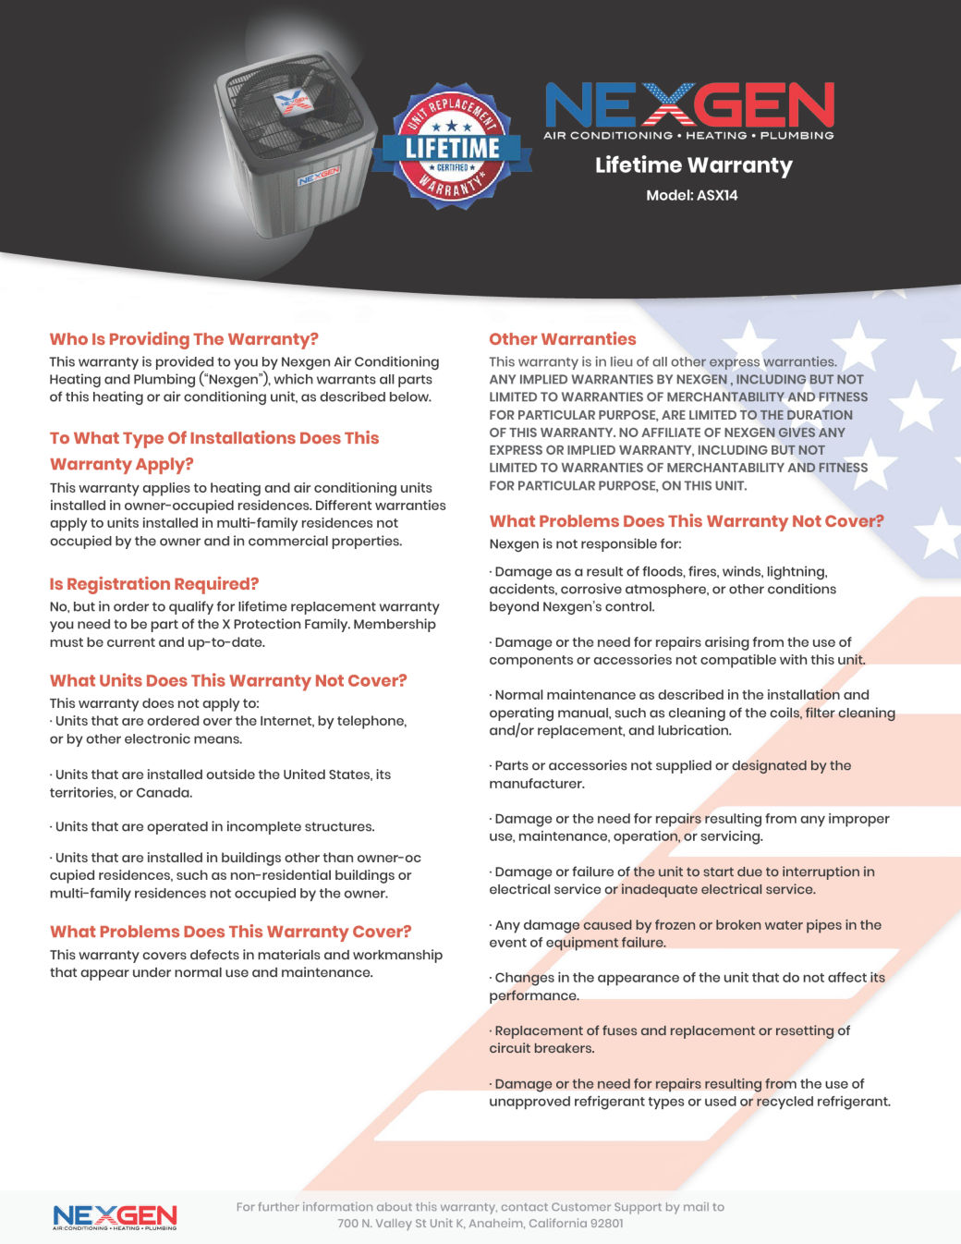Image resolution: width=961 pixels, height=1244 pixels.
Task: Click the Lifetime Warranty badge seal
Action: click(x=452, y=147)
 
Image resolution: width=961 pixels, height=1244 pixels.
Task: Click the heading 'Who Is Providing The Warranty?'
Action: click(x=184, y=339)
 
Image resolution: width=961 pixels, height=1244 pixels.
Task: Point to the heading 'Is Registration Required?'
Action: click(x=154, y=584)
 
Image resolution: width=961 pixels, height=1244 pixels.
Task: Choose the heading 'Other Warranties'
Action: click(x=563, y=339)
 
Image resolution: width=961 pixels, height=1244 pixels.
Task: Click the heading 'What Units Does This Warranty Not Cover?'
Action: click(x=228, y=680)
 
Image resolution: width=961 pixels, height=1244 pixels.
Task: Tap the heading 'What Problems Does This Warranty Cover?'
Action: click(x=231, y=932)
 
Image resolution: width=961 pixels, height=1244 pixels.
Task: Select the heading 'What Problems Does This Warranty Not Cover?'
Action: click(x=687, y=521)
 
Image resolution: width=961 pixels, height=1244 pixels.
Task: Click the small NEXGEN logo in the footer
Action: click(x=115, y=1216)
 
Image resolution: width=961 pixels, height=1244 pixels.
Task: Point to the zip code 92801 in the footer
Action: click(x=604, y=1224)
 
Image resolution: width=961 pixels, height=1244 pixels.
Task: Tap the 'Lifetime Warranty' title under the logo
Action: click(x=693, y=165)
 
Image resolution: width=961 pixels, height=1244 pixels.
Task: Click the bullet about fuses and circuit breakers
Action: click(x=670, y=1040)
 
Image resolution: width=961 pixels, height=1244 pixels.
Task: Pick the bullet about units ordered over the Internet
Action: click(x=228, y=730)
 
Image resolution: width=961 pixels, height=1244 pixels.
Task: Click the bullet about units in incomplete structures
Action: click(x=213, y=827)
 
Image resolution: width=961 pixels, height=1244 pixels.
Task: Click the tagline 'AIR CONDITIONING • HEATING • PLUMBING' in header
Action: click(x=688, y=135)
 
